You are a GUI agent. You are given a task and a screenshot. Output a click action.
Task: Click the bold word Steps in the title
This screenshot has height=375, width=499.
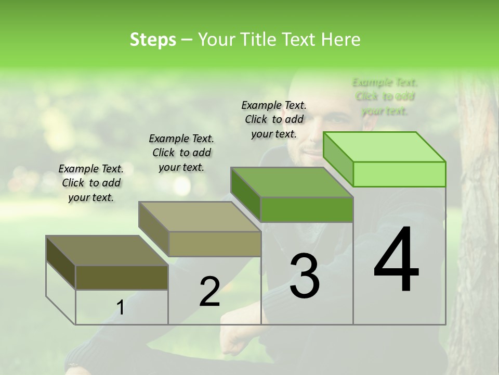153,40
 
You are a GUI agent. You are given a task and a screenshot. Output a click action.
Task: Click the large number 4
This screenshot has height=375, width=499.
396,260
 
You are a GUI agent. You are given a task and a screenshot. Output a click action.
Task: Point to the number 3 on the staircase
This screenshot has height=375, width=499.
304,276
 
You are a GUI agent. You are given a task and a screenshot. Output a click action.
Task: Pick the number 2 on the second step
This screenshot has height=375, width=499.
209,292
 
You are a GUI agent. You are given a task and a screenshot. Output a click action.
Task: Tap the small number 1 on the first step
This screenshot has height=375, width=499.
120,308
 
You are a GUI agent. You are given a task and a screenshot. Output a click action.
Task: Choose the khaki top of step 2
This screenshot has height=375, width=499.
200,217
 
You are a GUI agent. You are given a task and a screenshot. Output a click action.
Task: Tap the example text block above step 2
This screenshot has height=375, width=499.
181,153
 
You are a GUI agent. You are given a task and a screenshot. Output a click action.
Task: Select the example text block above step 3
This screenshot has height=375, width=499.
274,119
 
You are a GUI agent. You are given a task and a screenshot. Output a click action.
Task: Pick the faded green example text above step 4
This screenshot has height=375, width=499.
385,96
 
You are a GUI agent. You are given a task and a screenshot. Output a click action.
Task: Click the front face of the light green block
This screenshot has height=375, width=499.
399,174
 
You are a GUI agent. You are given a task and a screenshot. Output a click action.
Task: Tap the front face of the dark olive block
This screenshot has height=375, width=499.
122,277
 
